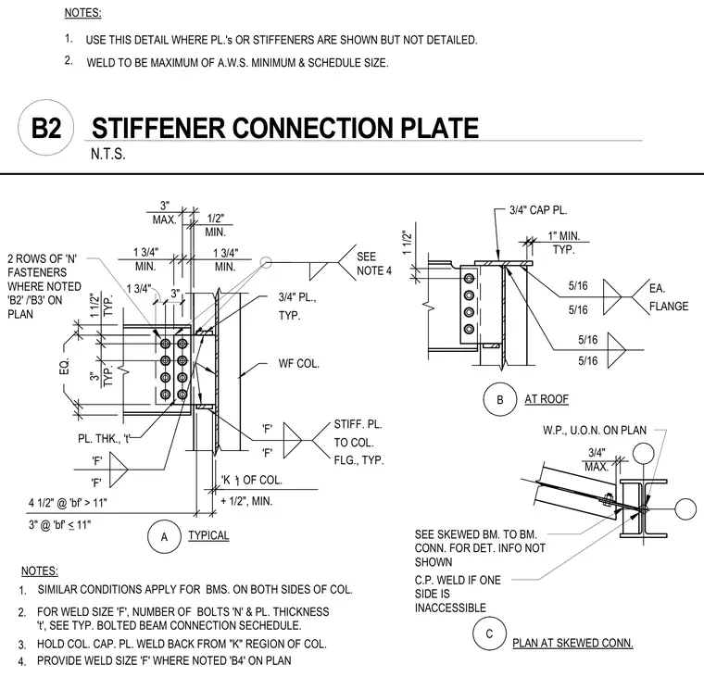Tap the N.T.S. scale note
tap(107, 154)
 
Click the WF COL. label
tap(298, 363)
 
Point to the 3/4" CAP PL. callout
tap(538, 210)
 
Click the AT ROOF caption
tap(547, 398)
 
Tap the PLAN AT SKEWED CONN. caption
tap(572, 643)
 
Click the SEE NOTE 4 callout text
tap(374, 264)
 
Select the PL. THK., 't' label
tap(104, 438)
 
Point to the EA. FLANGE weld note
tap(669, 297)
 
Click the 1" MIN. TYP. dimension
tap(563, 243)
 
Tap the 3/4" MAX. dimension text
tap(597, 459)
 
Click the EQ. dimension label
tap(65, 367)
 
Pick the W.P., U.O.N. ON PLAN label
tap(595, 430)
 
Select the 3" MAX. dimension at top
tap(164, 213)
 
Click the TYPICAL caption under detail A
tap(208, 535)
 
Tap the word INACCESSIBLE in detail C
tap(450, 608)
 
